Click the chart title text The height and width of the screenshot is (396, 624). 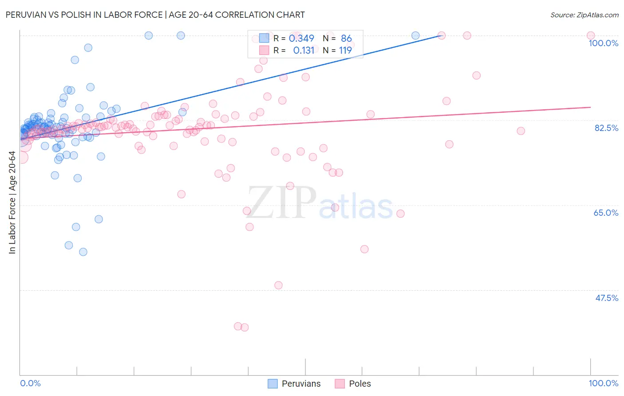point(155,15)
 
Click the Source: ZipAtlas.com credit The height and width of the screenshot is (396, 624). point(584,15)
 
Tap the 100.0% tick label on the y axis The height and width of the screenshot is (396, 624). point(603,43)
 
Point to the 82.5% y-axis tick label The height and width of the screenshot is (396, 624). point(606,128)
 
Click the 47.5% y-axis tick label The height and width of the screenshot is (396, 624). point(606,298)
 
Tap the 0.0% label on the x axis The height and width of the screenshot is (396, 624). point(30,383)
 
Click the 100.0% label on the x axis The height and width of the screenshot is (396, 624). point(603,383)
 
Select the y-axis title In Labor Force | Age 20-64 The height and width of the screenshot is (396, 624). point(12,202)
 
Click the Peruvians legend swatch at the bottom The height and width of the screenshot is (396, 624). point(273,384)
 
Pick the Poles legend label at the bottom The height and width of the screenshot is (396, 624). point(359,384)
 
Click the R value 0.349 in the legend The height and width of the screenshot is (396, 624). point(301,39)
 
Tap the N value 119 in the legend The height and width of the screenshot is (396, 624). point(345,51)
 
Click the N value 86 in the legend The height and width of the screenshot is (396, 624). point(346,39)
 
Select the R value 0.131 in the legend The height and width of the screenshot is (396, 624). point(304,51)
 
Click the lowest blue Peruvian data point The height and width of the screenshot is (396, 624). point(83,252)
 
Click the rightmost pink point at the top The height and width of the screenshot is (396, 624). point(590,36)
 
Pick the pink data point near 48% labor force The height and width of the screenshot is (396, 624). point(278,285)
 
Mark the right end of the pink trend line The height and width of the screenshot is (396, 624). point(590,107)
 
